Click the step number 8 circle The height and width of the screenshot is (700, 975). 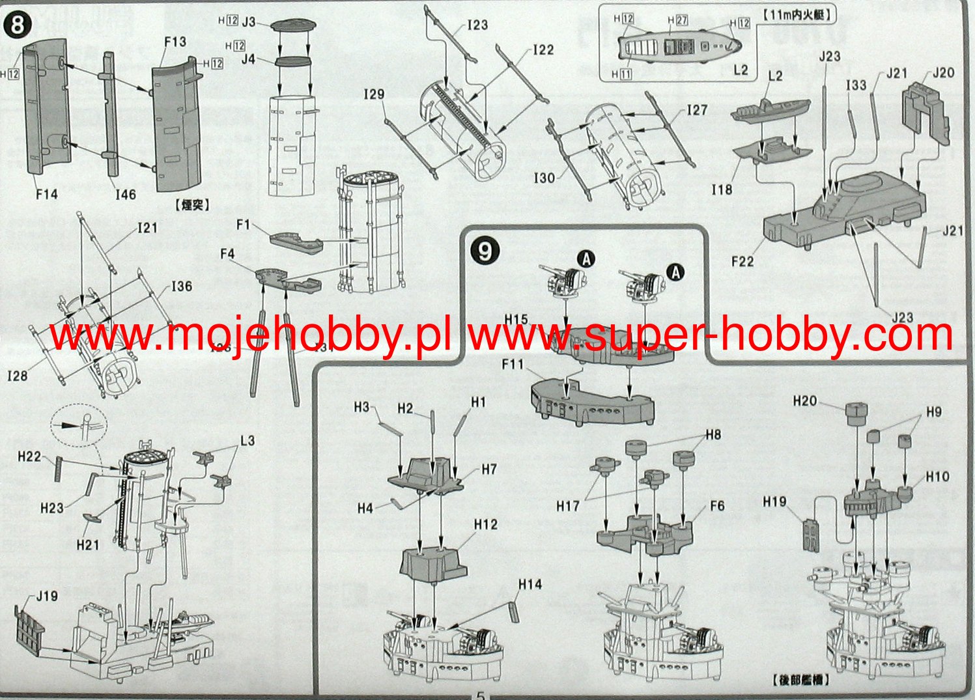[18, 25]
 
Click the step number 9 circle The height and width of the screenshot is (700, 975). [485, 251]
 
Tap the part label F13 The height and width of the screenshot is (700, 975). [175, 42]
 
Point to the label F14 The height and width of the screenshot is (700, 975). [47, 193]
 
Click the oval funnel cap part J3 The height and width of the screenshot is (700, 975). [292, 26]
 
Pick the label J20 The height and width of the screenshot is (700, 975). [943, 72]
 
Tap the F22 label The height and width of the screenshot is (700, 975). [742, 262]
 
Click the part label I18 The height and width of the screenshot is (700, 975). [722, 189]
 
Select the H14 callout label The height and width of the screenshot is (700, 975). [530, 584]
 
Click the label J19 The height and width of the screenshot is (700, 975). [47, 596]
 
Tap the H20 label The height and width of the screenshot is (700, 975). [805, 401]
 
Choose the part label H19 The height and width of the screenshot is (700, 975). [774, 501]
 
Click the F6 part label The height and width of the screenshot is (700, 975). [717, 506]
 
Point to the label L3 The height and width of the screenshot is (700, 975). [247, 441]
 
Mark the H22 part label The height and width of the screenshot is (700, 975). [29, 456]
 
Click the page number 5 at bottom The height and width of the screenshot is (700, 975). [480, 694]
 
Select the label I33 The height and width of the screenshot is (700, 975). [856, 85]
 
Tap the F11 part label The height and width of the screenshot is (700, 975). [513, 365]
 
